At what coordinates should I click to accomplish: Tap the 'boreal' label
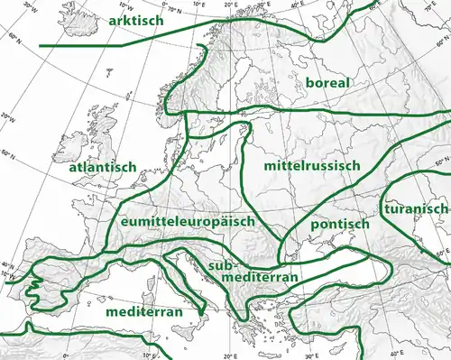pos(329,82)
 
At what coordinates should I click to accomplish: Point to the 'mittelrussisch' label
pos(312,167)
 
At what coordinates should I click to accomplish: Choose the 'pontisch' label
pos(339,223)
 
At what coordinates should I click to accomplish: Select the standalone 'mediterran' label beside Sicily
pos(144,311)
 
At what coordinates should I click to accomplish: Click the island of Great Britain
pos(101,144)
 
